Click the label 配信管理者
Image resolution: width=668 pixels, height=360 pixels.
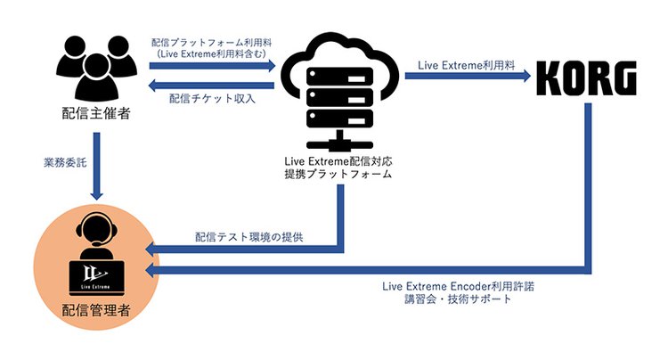(94, 311)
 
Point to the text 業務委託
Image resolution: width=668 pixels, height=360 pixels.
(66, 164)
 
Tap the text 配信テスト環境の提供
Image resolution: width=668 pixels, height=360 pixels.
(249, 237)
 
